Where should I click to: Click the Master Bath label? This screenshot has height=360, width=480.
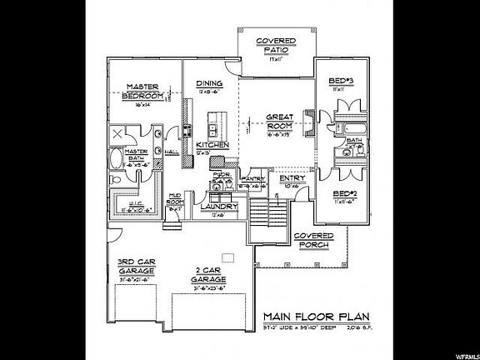point(136,155)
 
